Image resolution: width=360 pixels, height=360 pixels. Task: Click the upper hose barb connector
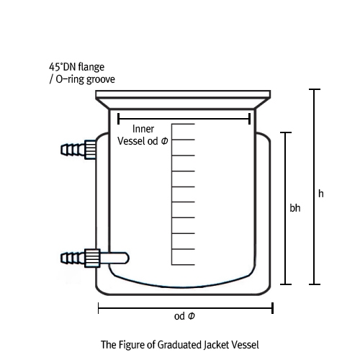[x=78, y=149]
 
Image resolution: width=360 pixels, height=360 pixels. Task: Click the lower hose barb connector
[x=80, y=258]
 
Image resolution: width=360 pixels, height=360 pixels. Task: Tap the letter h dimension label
[x=321, y=194]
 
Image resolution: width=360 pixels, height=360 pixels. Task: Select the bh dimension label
[x=295, y=208]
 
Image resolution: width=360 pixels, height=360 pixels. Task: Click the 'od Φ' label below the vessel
[x=184, y=316]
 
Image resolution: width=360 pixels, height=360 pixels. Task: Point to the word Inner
[x=143, y=129]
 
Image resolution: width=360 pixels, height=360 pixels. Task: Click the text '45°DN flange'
[x=76, y=67]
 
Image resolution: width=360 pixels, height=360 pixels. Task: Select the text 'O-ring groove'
[x=86, y=79]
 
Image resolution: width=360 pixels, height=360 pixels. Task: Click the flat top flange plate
[x=183, y=94]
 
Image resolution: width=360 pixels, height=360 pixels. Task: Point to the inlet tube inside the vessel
[x=114, y=258]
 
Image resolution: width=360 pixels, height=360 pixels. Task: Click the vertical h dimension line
[x=315, y=186]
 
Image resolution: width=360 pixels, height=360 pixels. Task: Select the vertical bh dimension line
[x=286, y=208]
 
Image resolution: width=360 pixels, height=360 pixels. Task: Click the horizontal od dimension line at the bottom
[x=186, y=308]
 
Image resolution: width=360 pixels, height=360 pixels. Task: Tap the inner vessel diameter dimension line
[x=184, y=119]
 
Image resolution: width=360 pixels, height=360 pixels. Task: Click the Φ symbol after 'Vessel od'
[x=164, y=141]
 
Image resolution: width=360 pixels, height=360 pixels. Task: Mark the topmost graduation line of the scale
[x=183, y=124]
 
